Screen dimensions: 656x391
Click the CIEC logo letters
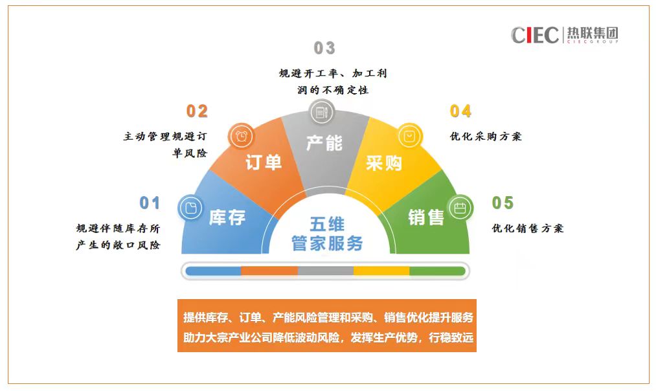coord(535,35)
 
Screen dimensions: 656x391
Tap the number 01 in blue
coord(150,203)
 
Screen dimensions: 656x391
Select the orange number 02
coord(197,111)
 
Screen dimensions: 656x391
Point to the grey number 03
coord(324,48)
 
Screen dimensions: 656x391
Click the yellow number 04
coord(460,111)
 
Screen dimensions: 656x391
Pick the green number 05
coord(503,203)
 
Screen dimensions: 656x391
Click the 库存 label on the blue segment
coord(227,218)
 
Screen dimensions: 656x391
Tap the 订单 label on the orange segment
coord(264,162)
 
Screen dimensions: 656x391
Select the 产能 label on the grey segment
coord(324,143)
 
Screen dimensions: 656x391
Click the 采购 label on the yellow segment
coord(383,162)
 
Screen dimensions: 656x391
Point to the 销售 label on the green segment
coord(426,218)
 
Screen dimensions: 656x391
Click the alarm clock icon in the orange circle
coord(242,136)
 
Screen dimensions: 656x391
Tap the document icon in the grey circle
coord(321,112)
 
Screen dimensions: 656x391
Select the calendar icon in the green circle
coord(460,208)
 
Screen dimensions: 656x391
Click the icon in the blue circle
coord(191,208)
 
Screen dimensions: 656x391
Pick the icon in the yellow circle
coord(409,136)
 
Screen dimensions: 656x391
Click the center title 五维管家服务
coord(327,234)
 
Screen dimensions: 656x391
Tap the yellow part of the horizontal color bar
coord(381,271)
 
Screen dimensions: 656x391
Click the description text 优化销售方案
coord(528,229)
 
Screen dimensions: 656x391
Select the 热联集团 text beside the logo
coord(593,33)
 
